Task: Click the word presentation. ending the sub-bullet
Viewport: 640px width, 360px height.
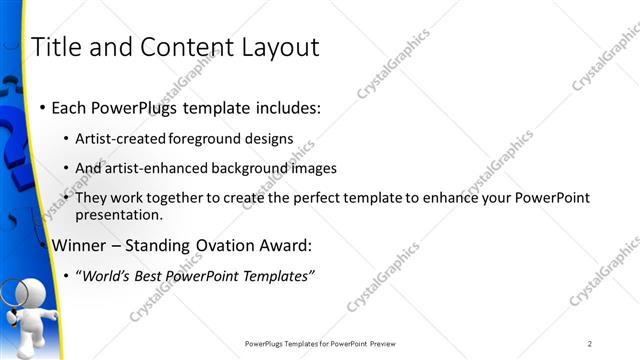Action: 118,214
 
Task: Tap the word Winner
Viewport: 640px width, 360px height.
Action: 78,244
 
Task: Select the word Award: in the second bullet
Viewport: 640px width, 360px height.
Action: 283,244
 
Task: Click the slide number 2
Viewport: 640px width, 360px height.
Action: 590,343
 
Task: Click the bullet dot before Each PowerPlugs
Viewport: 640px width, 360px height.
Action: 41,106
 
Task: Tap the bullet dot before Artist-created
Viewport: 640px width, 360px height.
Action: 66,139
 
